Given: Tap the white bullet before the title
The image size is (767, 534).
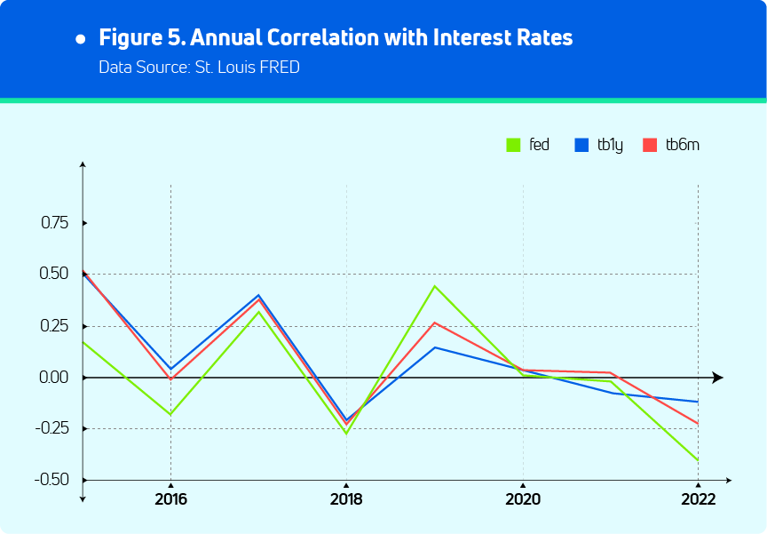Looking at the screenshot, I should click(x=81, y=40).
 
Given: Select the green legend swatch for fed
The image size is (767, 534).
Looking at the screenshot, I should click(x=513, y=145).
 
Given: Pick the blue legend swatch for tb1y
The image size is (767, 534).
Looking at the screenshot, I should click(x=582, y=145).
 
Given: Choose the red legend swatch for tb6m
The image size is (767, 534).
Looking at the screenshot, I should click(x=649, y=145).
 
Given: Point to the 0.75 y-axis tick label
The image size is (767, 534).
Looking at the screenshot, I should click(x=55, y=222).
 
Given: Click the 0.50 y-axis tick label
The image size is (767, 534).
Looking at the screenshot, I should click(x=55, y=274).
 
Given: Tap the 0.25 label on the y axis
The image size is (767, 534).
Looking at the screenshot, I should click(x=55, y=325).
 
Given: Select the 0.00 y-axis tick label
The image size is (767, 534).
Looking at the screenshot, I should click(x=55, y=377).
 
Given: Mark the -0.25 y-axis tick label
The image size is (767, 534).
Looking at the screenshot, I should click(x=52, y=428).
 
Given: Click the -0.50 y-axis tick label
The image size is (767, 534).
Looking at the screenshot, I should click(x=52, y=480).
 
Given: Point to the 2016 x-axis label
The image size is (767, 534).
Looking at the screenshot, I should click(x=170, y=499).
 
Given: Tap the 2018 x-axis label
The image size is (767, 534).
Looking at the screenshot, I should click(x=346, y=499).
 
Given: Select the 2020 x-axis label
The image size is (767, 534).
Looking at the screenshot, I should click(x=522, y=499).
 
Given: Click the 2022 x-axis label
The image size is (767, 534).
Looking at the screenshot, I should click(x=698, y=499).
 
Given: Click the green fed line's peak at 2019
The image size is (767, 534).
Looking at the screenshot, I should click(x=435, y=286).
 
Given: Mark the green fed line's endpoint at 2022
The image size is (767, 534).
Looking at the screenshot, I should click(x=698, y=460).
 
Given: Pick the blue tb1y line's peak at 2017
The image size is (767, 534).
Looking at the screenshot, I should click(x=258, y=295).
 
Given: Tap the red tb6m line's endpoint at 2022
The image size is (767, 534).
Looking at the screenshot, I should click(x=698, y=424).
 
